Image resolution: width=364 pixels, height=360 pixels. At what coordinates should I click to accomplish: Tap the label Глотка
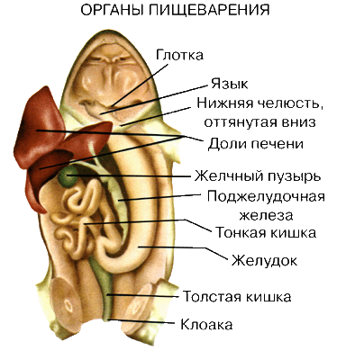point(179,55)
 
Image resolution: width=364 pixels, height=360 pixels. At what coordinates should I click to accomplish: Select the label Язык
point(229,84)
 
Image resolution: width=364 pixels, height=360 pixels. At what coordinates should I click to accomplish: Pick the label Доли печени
point(255,144)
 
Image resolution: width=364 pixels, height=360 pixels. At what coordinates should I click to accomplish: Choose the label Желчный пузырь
point(258,176)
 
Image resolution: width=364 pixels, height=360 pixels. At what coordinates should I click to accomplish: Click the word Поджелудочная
point(266,198)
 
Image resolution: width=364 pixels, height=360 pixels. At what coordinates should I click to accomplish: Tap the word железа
point(266,216)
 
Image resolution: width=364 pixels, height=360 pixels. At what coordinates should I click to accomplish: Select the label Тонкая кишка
point(266,232)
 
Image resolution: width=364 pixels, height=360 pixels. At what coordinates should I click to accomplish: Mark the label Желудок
point(264,260)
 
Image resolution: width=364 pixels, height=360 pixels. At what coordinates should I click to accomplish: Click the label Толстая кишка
point(237,297)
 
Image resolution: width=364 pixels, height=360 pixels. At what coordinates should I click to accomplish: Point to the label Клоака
point(206,325)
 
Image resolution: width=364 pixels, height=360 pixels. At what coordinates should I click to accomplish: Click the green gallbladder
point(68,176)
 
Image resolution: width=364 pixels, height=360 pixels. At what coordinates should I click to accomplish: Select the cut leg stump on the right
point(142,303)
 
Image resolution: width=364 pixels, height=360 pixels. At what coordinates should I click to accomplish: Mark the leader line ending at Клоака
point(141,321)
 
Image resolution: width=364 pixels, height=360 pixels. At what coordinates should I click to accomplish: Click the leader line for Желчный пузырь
point(129,175)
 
